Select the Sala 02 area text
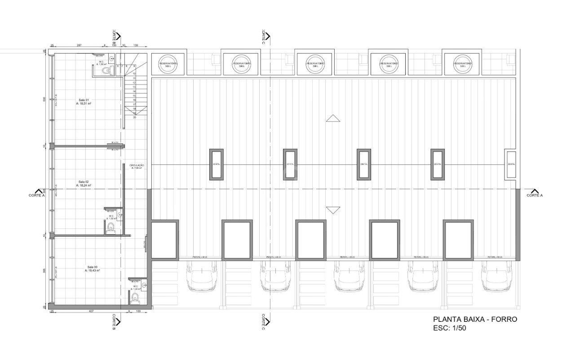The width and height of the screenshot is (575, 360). (84, 185)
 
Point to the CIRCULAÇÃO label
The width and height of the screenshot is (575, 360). (137, 165)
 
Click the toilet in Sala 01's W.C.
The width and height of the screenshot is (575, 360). (105, 71)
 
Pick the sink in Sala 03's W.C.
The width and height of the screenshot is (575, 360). (144, 284)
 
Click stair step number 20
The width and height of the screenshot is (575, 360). (134, 117)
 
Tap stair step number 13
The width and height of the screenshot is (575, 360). (134, 87)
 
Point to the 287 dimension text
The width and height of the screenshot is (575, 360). (79, 45)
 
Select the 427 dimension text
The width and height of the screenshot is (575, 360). (91, 311)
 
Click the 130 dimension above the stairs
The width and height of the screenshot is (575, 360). (135, 45)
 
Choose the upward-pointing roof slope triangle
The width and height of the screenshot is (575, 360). (333, 118)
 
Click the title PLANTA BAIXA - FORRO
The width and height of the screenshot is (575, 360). (475, 319)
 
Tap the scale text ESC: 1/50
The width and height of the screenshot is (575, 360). (452, 328)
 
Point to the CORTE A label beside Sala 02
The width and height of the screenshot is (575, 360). (37, 195)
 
